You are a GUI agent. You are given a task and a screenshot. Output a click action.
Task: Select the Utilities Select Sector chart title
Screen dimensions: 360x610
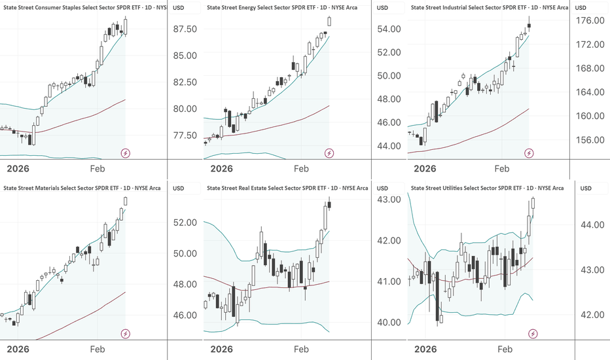pyautogui.click(x=487, y=188)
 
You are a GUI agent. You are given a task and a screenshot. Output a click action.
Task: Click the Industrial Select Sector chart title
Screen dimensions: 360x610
pyautogui.click(x=488, y=7)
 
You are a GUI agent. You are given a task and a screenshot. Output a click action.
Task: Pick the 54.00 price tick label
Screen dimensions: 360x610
pyautogui.click(x=389, y=29)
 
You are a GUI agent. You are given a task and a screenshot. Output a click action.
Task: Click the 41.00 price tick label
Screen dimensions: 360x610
pyautogui.click(x=389, y=281)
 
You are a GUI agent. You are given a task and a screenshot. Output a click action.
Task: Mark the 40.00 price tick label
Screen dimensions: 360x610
pyautogui.click(x=389, y=322)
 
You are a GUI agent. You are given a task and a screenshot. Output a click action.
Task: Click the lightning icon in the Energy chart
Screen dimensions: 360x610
pyautogui.click(x=329, y=153)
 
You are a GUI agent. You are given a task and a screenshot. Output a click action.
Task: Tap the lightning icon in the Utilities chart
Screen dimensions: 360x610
pyautogui.click(x=533, y=334)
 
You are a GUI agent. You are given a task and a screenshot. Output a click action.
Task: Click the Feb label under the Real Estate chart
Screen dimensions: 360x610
pyautogui.click(x=301, y=350)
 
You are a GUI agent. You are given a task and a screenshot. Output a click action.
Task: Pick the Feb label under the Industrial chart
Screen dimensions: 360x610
pyautogui.click(x=502, y=169)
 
